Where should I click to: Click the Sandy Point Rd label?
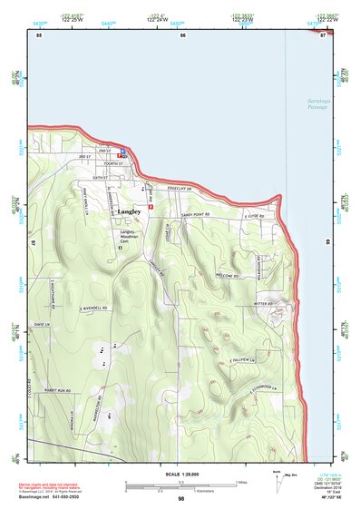[194, 214]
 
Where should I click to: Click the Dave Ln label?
[39, 324]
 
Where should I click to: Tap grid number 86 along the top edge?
[182, 34]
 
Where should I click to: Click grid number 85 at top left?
[38, 34]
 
